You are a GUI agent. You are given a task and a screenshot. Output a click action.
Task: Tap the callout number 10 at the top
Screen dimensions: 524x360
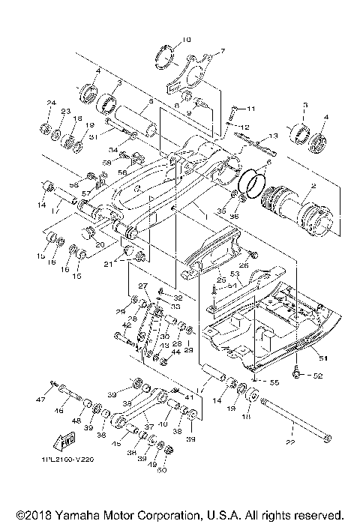click(x=187, y=38)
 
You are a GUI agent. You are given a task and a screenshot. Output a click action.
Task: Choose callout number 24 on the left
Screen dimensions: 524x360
click(x=52, y=103)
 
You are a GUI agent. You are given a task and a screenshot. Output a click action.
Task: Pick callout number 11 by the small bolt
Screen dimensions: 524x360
click(x=250, y=109)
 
